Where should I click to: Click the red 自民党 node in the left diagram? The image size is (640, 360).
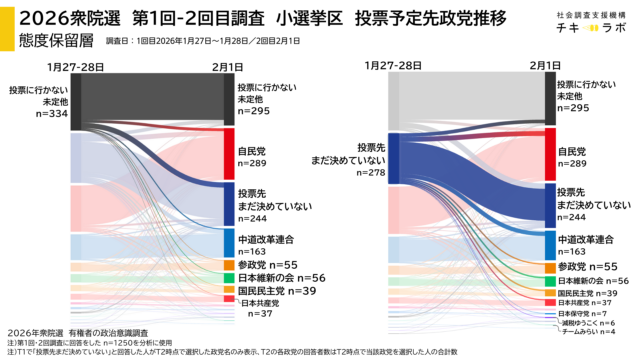[228, 152]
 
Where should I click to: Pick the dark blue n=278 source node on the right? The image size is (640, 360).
[393, 158]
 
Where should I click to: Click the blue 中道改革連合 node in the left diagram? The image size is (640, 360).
[228, 242]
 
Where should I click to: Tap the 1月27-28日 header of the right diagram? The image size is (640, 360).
[390, 65]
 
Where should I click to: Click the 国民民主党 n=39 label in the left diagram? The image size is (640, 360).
[267, 290]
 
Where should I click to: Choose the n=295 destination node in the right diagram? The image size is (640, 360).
[549, 98]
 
